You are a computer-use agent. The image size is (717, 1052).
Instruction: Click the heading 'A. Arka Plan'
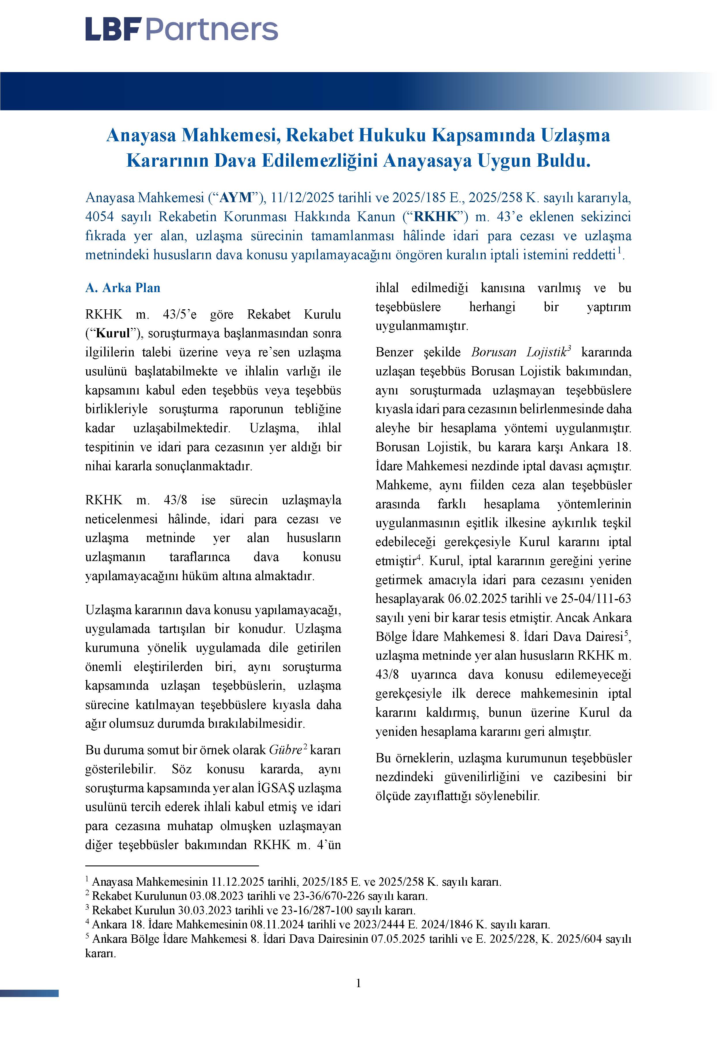[x=123, y=288]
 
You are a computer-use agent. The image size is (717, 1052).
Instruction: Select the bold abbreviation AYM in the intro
[x=235, y=198]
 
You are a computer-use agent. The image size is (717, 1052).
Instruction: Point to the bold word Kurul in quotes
[x=113, y=333]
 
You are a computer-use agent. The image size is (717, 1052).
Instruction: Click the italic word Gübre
[x=285, y=750]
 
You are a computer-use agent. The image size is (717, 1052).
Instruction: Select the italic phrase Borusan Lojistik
[x=519, y=352]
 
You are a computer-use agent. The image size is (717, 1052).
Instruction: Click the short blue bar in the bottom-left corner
[x=29, y=993]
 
